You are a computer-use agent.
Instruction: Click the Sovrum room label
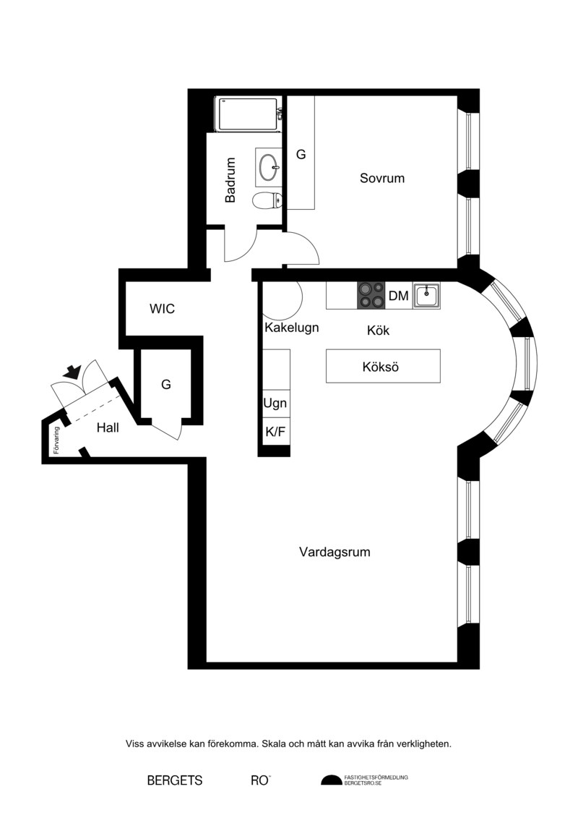(x=382, y=178)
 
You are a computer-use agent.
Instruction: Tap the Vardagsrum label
(x=335, y=552)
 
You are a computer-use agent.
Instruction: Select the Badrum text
(x=230, y=180)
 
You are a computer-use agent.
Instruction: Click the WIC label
(x=162, y=308)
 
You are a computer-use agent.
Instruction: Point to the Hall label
(x=108, y=427)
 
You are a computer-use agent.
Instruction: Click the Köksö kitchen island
(x=383, y=366)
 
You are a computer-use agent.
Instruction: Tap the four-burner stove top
(x=371, y=296)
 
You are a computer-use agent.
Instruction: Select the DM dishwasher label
(x=399, y=296)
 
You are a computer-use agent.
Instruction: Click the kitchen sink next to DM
(x=427, y=296)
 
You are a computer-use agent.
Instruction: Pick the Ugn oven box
(x=276, y=404)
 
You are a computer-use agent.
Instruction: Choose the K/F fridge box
(x=276, y=432)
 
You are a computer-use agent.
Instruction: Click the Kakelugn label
(x=292, y=328)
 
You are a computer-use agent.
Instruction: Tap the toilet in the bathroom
(x=267, y=200)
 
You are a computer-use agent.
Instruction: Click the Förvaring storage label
(x=56, y=440)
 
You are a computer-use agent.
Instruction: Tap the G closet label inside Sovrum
(x=301, y=155)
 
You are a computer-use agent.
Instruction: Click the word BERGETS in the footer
(x=175, y=780)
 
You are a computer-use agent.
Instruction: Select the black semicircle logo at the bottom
(x=330, y=780)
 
